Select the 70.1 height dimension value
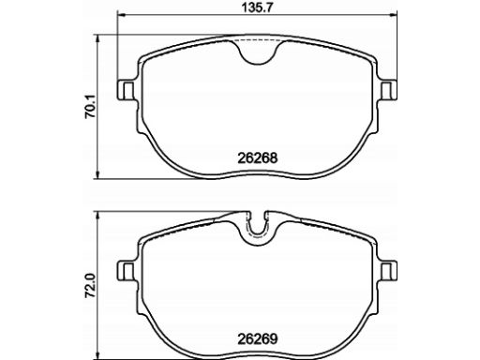pyautogui.click(x=90, y=107)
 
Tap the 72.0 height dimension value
pyautogui.click(x=90, y=286)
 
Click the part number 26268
pyautogui.click(x=258, y=157)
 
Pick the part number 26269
pyautogui.click(x=258, y=338)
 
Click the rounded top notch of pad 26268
pyautogui.click(x=258, y=64)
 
